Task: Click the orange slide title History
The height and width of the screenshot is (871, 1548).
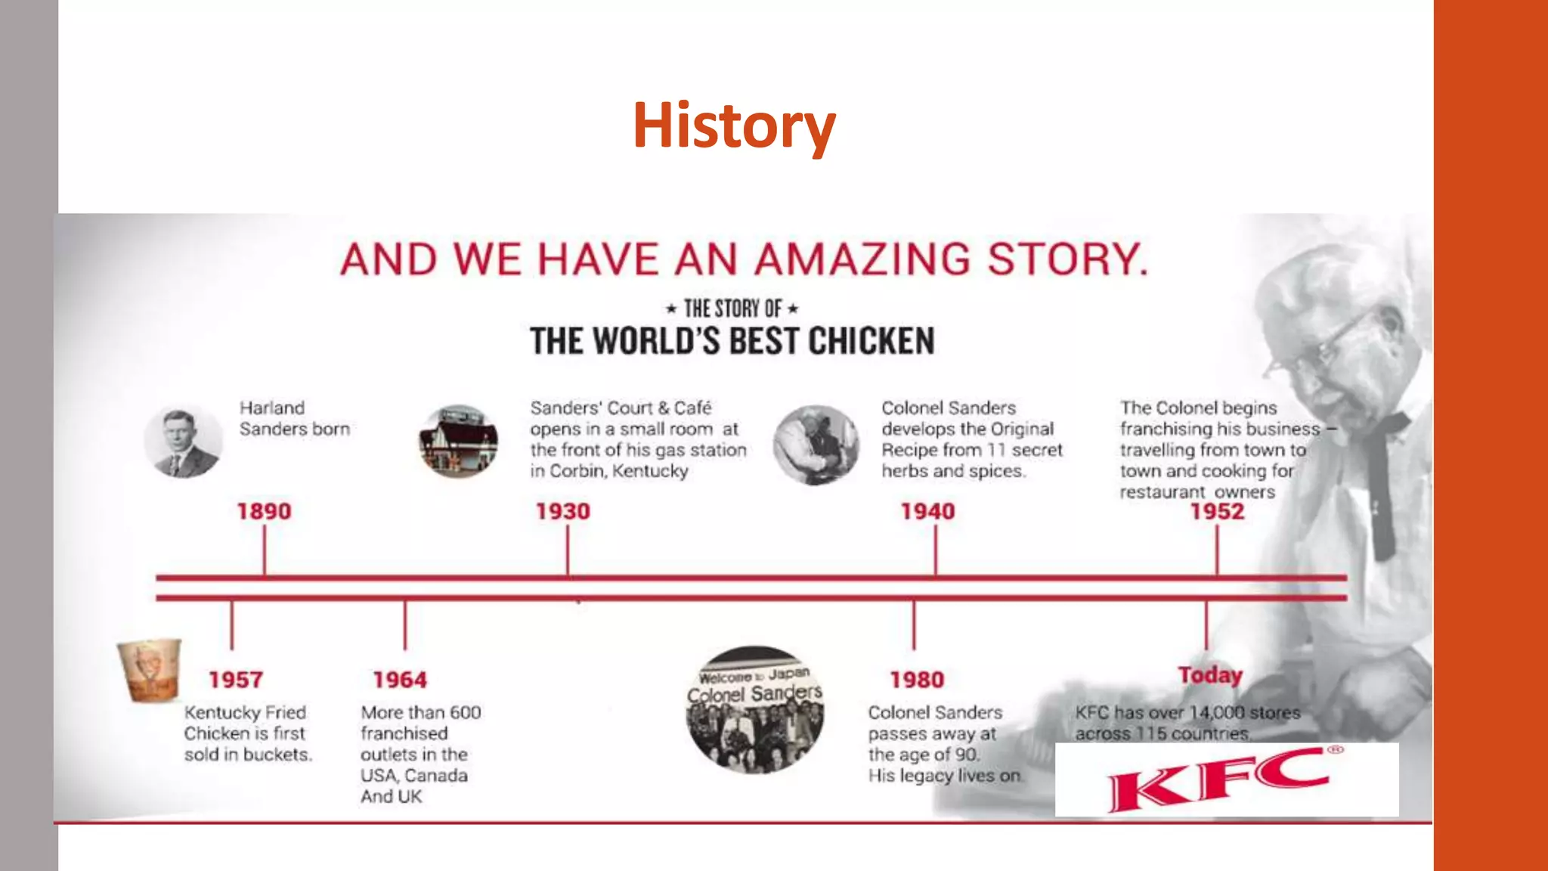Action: coord(734,126)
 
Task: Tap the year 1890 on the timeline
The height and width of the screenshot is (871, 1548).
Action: coord(264,511)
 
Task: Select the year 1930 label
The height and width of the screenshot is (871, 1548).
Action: coord(563,511)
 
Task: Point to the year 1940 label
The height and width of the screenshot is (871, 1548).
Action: coord(927,511)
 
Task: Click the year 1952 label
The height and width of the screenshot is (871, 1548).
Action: coord(1217,511)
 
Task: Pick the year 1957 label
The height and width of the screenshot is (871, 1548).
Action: coord(236,680)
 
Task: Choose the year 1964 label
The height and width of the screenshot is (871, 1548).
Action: coord(400,680)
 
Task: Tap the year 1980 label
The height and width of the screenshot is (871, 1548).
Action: coord(917,680)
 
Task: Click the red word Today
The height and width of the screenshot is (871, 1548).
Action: coord(1210,674)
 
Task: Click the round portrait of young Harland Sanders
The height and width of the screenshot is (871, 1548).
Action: coord(183,442)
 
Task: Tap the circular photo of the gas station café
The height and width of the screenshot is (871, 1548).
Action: coord(458,442)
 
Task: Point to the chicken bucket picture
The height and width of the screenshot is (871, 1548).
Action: coord(150,671)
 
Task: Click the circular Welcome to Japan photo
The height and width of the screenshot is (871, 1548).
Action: coord(754,709)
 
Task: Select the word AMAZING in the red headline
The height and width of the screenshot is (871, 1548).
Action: coord(862,259)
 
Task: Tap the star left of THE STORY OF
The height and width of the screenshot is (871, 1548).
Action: coord(670,308)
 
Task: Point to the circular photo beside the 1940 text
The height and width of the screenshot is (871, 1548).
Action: coord(816,445)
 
